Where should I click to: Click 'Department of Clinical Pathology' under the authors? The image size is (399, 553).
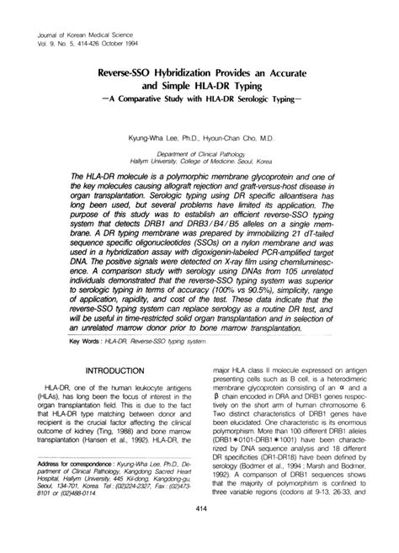click(x=199, y=156)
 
